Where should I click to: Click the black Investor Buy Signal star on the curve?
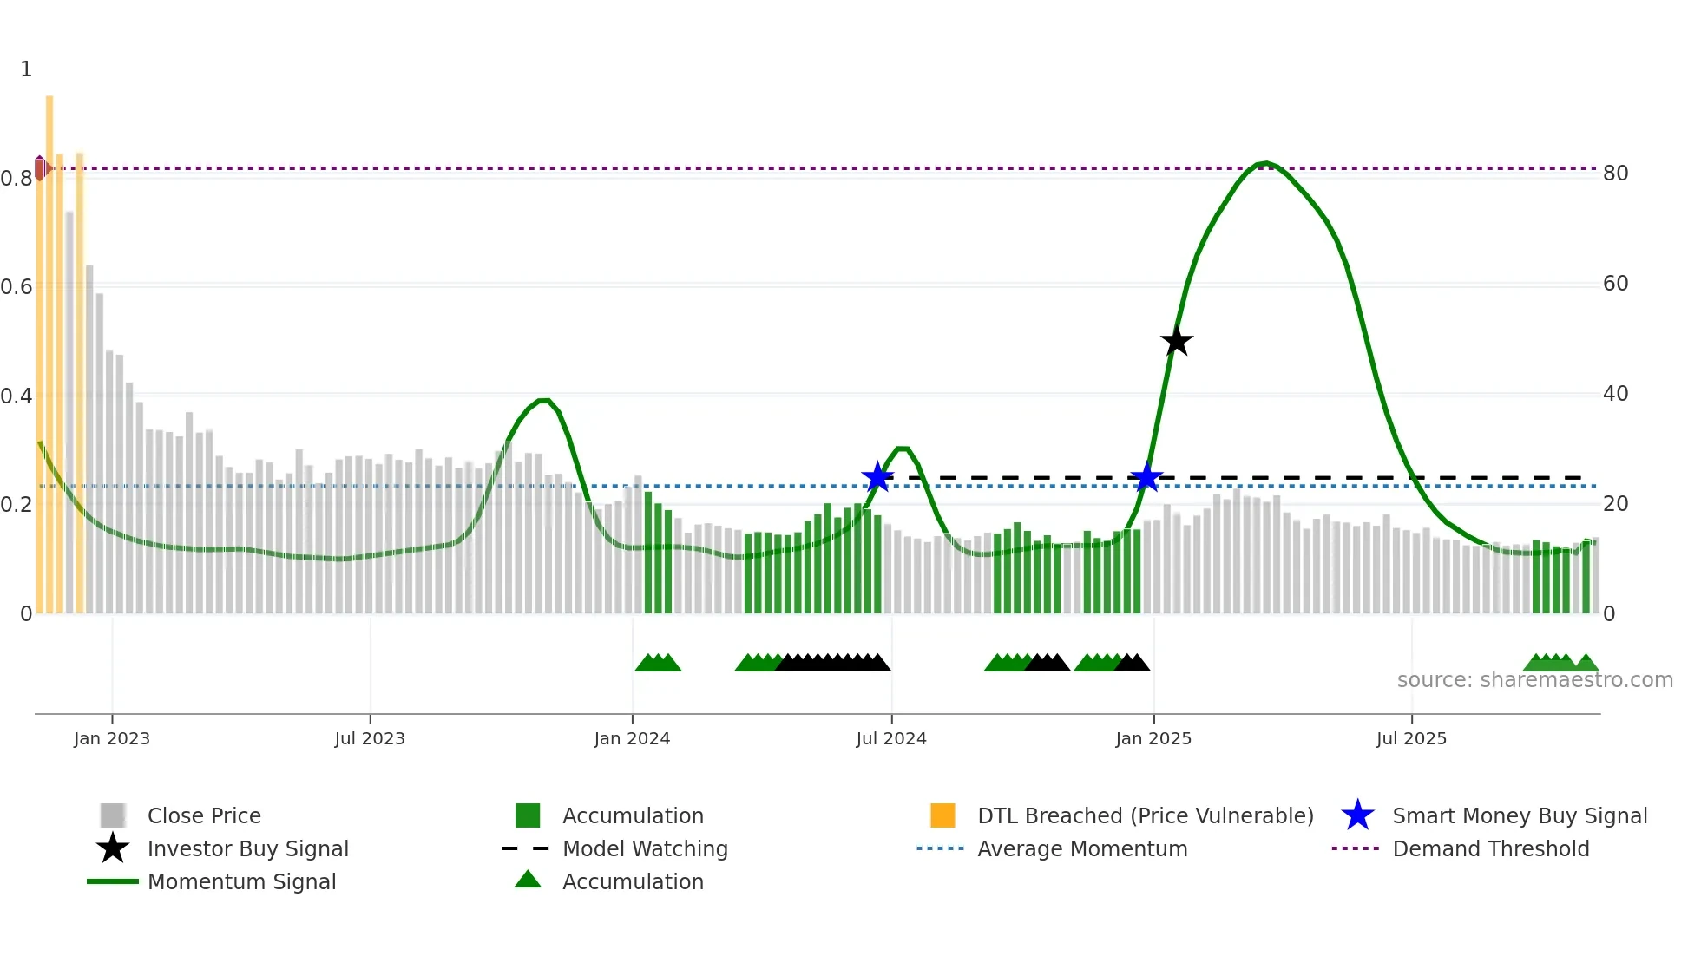[x=1177, y=342]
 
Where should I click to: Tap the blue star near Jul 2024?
[x=877, y=477]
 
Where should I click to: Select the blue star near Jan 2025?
[x=1146, y=477]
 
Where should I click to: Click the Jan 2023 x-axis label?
[x=112, y=738]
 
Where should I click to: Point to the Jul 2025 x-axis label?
[x=1411, y=738]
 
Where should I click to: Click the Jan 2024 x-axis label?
[x=632, y=738]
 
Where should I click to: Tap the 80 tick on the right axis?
[x=1615, y=174]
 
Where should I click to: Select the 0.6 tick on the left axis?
[x=17, y=287]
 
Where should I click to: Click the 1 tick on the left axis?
[x=26, y=69]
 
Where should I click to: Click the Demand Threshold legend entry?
[x=1490, y=848]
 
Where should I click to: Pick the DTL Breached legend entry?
[x=1145, y=815]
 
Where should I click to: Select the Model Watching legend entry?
[x=645, y=848]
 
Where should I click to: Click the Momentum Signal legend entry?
[x=241, y=881]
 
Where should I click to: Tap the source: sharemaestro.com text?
[x=1534, y=680]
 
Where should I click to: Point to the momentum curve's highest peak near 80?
[x=1266, y=163]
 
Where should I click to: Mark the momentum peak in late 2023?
[x=543, y=400]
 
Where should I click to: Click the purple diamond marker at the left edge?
[x=40, y=168]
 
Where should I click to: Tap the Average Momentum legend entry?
[x=1081, y=848]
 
